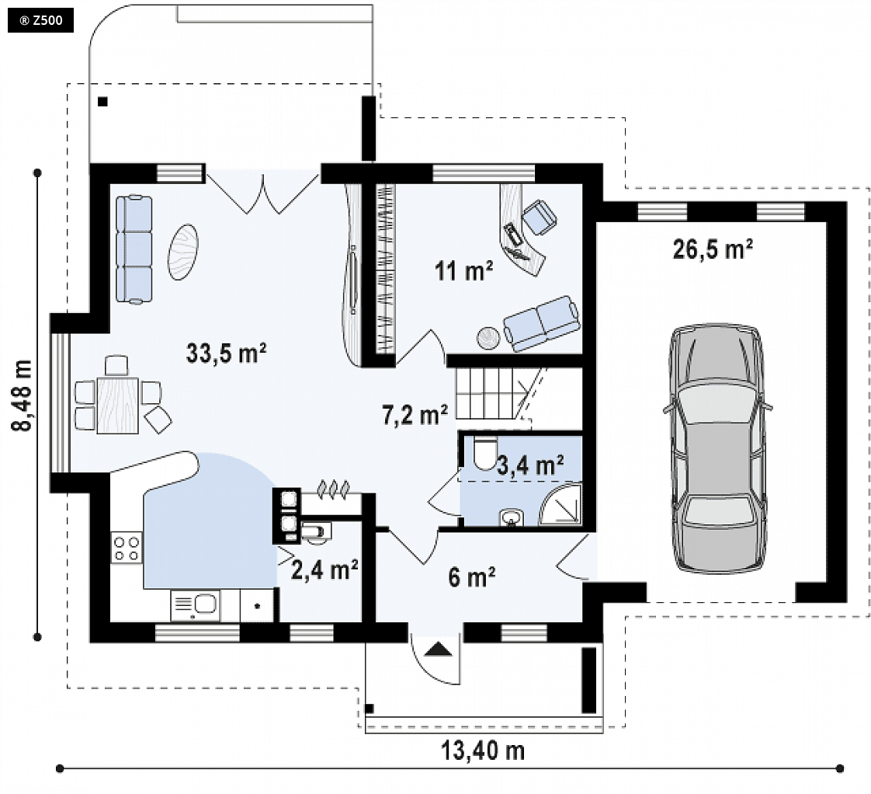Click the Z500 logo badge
point(40,21)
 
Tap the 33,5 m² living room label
point(226,353)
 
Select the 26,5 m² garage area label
point(713,249)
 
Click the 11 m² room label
point(463,271)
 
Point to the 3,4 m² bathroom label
point(530,465)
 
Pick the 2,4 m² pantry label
point(324,570)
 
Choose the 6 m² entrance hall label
point(472,577)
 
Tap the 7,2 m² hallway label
point(415,414)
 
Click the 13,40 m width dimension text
point(482,750)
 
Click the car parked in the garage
point(717,447)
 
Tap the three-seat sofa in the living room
point(134,249)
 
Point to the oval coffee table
point(182,252)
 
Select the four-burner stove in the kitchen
point(126,547)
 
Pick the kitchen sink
point(195,605)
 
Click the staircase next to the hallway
point(491,394)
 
